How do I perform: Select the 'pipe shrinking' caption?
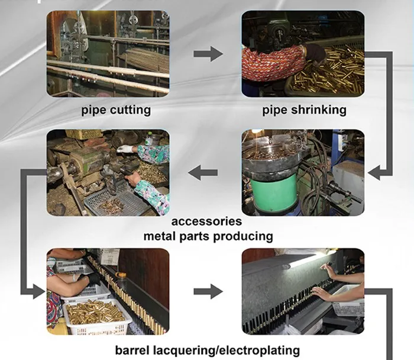(x=304, y=110)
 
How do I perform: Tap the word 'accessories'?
(x=206, y=221)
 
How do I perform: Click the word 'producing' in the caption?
(x=241, y=236)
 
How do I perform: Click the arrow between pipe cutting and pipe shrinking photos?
(x=207, y=54)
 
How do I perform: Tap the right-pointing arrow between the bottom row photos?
(x=207, y=291)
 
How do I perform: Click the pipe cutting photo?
(x=108, y=53)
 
